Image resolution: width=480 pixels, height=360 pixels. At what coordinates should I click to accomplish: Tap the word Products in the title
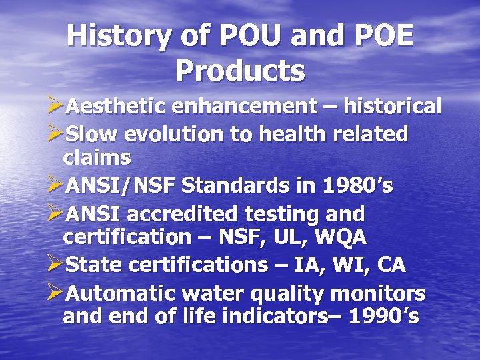pos(241,69)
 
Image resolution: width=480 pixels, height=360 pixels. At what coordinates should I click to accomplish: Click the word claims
pos(97,159)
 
